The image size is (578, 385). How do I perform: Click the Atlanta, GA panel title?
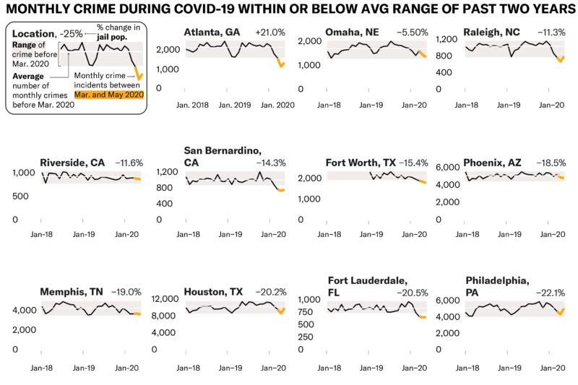coord(212,33)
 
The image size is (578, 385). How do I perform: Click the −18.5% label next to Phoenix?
coord(553,163)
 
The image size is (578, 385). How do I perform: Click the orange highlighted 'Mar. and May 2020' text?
coord(109,94)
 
